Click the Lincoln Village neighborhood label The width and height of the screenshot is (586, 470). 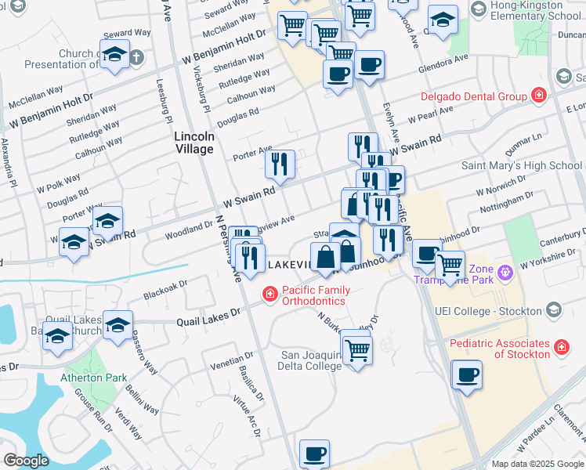(194, 143)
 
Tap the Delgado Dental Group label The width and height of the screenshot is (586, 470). (472, 96)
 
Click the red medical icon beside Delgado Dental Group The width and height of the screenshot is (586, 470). (537, 96)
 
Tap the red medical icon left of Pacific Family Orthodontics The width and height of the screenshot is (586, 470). (269, 294)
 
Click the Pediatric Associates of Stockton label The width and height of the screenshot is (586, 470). (499, 349)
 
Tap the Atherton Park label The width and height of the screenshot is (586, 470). (93, 378)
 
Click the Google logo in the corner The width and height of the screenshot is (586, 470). (27, 461)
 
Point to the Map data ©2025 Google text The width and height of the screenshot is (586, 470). (537, 464)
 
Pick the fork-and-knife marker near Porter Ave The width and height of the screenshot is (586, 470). (280, 164)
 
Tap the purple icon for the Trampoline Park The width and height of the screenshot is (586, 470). (505, 272)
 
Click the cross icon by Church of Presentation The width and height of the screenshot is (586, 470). (136, 56)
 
